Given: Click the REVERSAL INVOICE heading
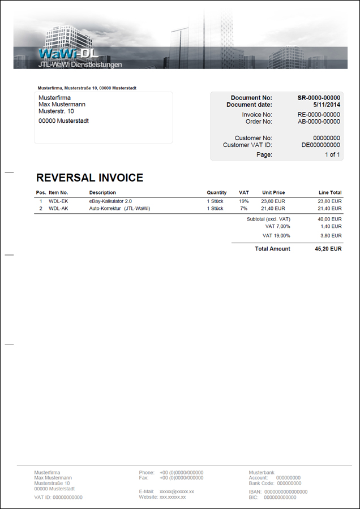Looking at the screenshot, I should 89,178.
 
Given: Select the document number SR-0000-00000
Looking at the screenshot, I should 319,98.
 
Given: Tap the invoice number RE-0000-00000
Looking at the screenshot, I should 319,115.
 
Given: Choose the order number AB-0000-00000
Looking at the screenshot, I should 319,122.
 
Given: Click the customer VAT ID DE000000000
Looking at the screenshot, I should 320,145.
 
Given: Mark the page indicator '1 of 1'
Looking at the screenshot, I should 332,154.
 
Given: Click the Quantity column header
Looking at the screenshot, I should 216,193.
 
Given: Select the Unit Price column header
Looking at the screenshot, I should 273,193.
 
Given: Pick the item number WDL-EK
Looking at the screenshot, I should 58,201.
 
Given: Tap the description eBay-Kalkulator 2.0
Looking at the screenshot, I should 110,201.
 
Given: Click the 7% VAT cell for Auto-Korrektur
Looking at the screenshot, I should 243,209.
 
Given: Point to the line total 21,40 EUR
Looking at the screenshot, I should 329,209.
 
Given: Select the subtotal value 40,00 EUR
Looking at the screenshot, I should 329,219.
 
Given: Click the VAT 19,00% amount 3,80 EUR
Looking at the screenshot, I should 330,235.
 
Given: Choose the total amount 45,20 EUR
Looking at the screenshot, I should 328,249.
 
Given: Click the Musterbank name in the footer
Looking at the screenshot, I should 262,472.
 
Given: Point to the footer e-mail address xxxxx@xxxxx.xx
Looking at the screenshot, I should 177,491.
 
